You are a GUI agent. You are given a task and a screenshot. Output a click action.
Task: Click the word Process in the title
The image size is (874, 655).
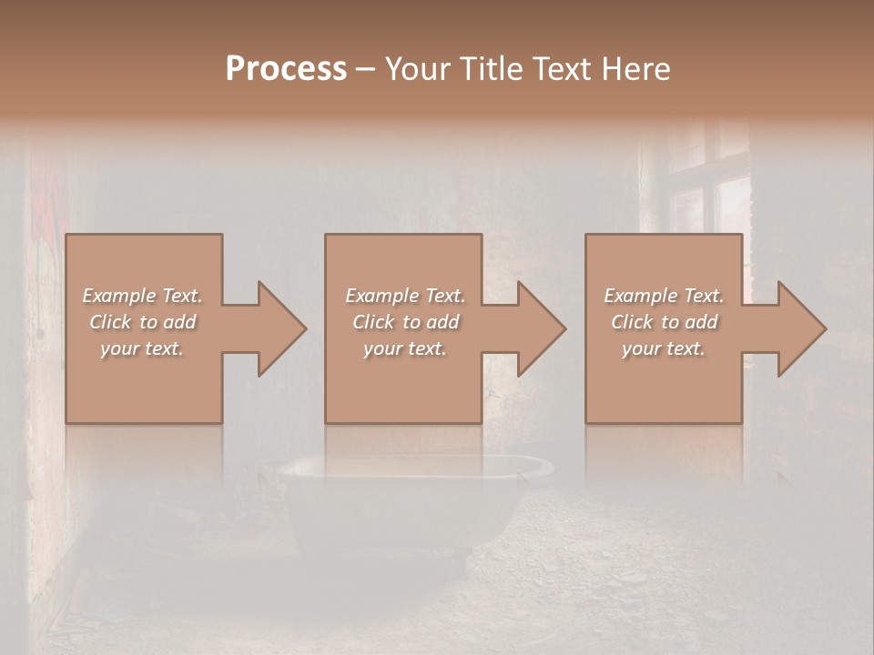click(286, 69)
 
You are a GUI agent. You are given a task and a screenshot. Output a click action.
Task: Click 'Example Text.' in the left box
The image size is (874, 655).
click(143, 296)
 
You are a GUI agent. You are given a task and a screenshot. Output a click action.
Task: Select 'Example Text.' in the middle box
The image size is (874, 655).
click(405, 296)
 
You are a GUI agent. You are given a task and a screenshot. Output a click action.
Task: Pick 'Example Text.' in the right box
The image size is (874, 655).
click(664, 296)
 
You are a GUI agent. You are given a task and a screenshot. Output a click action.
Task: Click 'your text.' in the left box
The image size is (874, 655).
click(142, 348)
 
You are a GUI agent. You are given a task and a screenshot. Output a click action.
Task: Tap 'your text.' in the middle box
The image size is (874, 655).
click(405, 348)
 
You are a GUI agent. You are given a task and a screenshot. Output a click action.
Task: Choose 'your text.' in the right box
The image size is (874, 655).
click(664, 348)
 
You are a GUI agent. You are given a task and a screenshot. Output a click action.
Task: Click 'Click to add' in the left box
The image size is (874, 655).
click(143, 322)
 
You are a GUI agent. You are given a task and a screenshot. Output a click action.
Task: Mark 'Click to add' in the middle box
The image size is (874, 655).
click(405, 322)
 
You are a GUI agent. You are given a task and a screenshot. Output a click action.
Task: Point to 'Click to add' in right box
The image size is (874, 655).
click(664, 322)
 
